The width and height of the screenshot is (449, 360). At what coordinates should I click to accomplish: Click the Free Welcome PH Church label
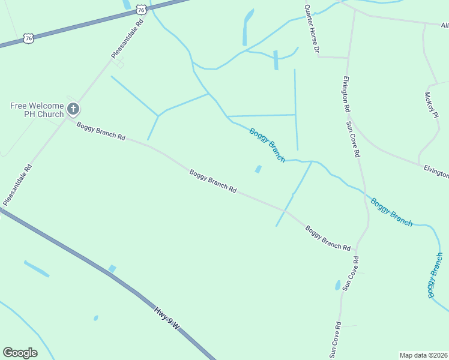click(x=37, y=110)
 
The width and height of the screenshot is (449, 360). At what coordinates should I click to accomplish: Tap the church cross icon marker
click(x=73, y=109)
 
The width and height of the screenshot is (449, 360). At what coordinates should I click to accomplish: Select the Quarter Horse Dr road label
click(x=312, y=29)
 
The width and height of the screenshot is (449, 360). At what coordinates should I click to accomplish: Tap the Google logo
click(x=20, y=353)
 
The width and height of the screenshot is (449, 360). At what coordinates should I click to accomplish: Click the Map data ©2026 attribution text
click(x=424, y=355)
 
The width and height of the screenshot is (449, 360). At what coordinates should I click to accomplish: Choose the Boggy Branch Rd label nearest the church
click(x=101, y=130)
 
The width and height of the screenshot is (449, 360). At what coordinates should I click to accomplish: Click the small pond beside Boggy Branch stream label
click(x=258, y=169)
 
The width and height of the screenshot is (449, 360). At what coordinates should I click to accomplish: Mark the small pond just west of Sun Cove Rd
click(x=338, y=286)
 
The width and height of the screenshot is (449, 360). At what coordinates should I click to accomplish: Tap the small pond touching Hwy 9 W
click(x=112, y=268)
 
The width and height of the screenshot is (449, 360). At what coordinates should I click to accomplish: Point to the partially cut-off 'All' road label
click(x=444, y=25)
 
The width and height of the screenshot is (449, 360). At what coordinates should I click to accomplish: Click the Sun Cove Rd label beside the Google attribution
click(x=334, y=340)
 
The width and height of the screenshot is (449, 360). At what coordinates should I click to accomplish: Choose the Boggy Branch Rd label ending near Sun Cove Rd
click(x=327, y=238)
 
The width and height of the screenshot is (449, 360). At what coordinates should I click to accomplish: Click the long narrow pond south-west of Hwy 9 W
click(x=37, y=269)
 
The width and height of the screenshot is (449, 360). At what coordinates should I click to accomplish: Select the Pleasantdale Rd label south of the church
click(x=17, y=184)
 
